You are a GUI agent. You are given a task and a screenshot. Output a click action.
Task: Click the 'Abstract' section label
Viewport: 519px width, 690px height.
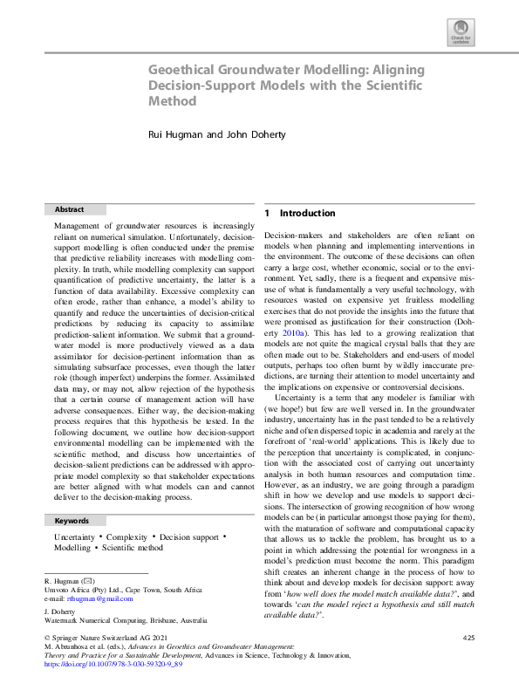tap(69, 209)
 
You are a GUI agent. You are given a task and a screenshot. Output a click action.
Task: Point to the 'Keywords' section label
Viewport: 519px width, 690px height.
tap(72, 520)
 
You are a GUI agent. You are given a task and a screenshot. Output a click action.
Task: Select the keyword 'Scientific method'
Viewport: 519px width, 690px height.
tap(133, 548)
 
